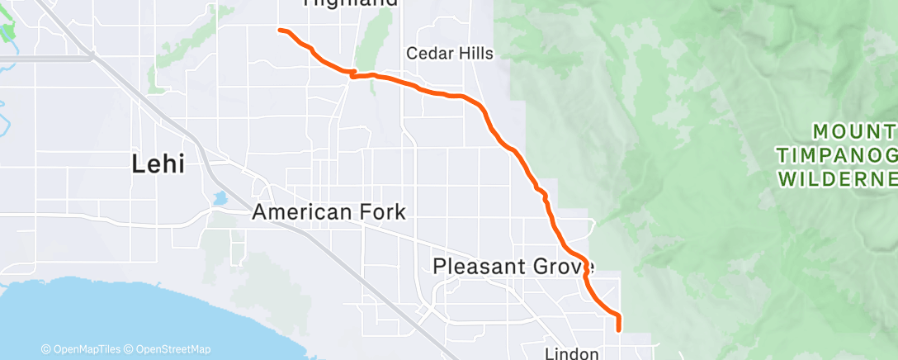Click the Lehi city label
point(158,164)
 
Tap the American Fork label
point(328,212)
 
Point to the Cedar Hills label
point(450,54)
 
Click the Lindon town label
point(572,353)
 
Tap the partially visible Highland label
point(351,3)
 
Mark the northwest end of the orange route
point(280,31)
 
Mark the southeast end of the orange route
point(618,329)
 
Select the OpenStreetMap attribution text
point(173,349)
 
